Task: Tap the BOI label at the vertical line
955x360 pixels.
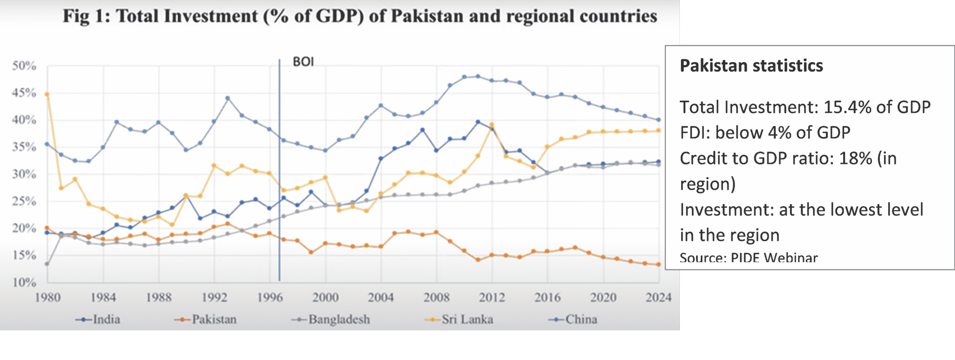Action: (303, 62)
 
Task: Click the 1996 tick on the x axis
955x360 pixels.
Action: (270, 298)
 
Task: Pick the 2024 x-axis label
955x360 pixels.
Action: (658, 298)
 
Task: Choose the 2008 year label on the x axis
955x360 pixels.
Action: (436, 298)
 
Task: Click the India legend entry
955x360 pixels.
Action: (98, 319)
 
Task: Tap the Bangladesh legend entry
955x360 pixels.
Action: (331, 319)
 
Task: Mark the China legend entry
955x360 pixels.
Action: (574, 319)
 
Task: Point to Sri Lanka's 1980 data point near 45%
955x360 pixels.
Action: (47, 94)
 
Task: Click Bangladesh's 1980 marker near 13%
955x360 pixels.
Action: (47, 264)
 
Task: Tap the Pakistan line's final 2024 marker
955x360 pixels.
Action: (658, 264)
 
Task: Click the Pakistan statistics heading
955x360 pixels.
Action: (751, 66)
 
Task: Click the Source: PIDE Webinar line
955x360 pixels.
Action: (748, 257)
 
